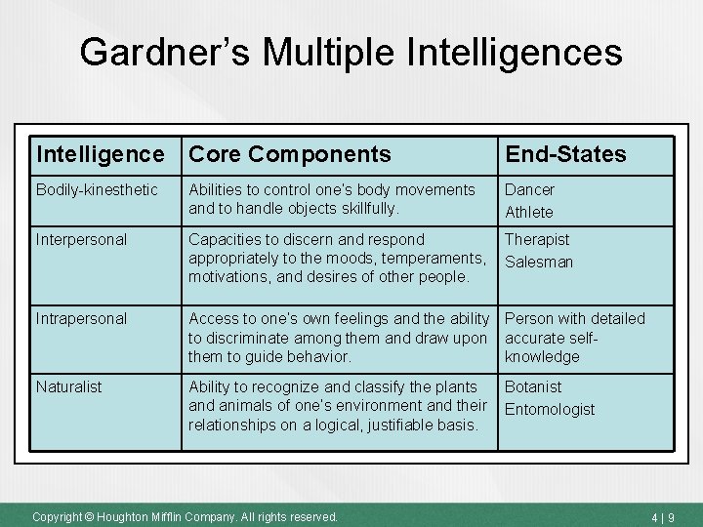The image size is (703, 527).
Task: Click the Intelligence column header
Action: (x=101, y=154)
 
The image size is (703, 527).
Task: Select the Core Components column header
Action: (x=289, y=154)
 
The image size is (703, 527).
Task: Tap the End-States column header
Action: (x=565, y=154)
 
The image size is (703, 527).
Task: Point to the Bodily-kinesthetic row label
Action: (x=97, y=189)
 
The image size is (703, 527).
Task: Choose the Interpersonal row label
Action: (x=81, y=239)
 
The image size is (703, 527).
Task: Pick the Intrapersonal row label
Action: (x=81, y=318)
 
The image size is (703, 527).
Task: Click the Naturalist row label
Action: (x=68, y=386)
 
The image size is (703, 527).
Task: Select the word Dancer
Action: (x=529, y=189)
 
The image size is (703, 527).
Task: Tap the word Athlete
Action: (x=529, y=212)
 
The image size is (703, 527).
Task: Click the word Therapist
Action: (x=537, y=239)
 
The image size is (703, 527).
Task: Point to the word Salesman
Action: (x=539, y=262)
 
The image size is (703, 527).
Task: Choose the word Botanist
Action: (x=533, y=386)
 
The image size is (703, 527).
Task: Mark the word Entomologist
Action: (x=550, y=409)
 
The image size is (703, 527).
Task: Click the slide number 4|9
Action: (x=660, y=516)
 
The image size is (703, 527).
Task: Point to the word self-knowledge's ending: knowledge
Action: (x=542, y=356)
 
